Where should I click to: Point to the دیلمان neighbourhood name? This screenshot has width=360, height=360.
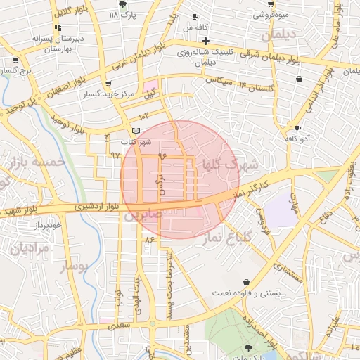tap(276, 34)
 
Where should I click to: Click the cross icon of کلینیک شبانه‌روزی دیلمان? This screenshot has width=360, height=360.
tap(205, 41)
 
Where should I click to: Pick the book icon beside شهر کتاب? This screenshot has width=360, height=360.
tap(136, 131)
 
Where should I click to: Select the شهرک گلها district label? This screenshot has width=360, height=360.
tap(230, 163)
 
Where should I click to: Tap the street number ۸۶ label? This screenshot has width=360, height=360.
tap(148, 240)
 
